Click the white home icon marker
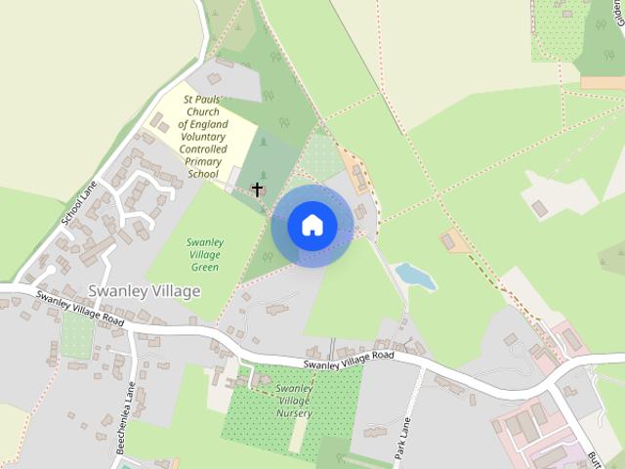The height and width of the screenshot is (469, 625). [x=312, y=225]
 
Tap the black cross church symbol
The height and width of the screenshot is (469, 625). [x=258, y=188]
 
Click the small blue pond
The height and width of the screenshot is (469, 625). [x=416, y=276]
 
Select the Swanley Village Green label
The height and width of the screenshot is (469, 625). [x=205, y=254]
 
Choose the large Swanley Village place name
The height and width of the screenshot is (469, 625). [x=144, y=291]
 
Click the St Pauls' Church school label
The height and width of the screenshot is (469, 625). [x=204, y=136]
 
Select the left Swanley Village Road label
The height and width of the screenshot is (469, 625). [x=82, y=308]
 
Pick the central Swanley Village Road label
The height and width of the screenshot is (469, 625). [x=348, y=361]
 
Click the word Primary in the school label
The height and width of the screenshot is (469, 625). [x=204, y=161]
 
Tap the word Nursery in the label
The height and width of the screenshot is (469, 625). [x=293, y=413]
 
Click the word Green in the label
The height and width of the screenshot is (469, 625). [x=205, y=267]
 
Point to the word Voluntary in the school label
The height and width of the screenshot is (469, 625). [x=204, y=137]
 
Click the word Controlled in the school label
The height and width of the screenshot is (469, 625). [x=204, y=149]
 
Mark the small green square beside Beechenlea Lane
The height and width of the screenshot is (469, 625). [x=77, y=335]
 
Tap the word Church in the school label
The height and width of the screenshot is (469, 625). [x=204, y=111]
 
